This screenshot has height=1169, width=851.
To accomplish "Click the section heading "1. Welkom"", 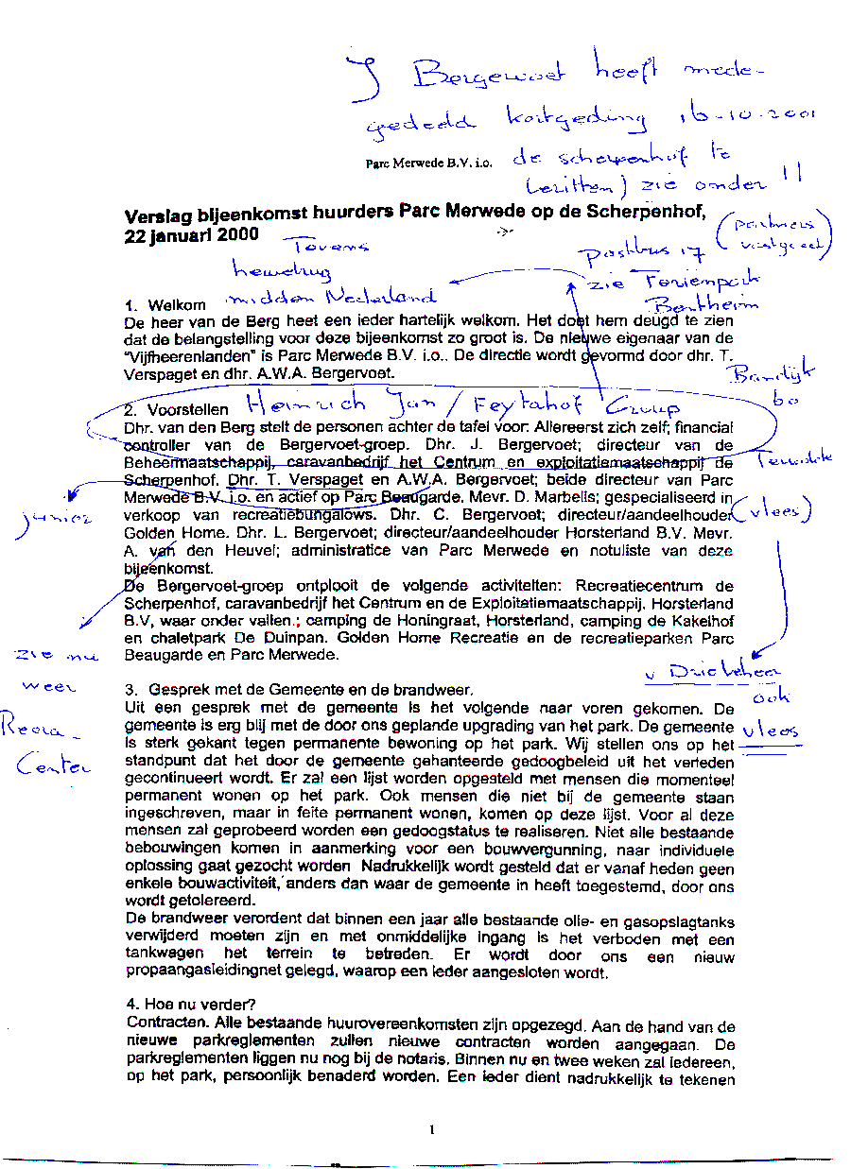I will [x=165, y=306].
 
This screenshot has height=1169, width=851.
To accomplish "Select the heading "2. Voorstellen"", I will [x=176, y=410].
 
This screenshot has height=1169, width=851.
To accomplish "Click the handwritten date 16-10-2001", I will [x=747, y=116].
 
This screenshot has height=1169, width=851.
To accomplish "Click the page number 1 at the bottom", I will [x=431, y=1128].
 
